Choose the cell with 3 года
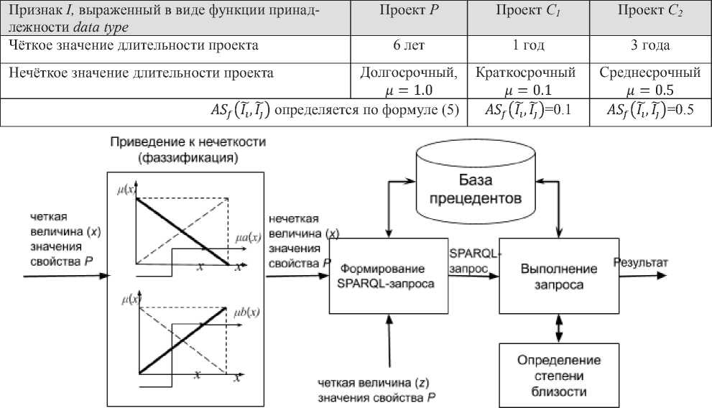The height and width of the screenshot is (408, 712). (649, 45)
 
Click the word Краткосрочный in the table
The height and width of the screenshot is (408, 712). (526, 73)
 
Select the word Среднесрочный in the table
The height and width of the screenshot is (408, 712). (649, 73)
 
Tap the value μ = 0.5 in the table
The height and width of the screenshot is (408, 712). (649, 90)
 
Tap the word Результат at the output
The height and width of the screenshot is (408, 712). (640, 263)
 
